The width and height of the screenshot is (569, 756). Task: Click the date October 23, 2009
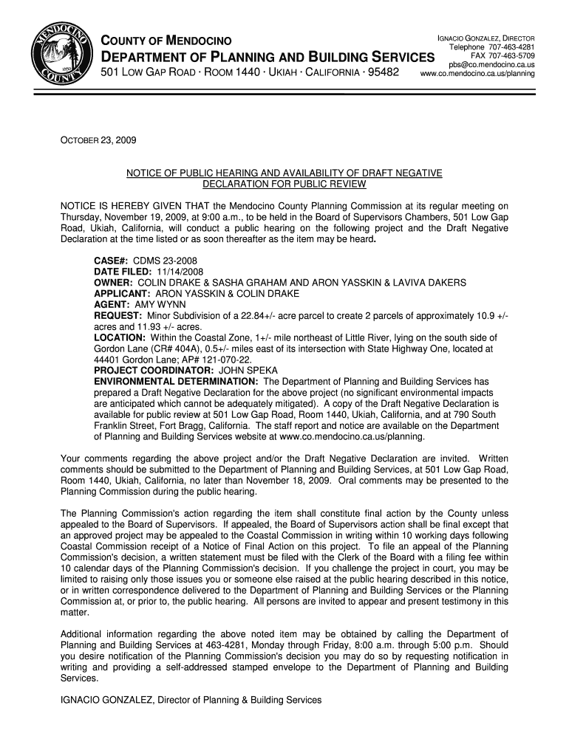93,140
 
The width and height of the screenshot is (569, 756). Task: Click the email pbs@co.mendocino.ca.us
491,65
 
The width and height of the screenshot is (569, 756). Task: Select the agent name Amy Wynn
160,304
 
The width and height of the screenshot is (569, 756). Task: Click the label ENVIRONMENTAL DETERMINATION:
176,381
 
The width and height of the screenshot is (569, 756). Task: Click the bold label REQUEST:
119,316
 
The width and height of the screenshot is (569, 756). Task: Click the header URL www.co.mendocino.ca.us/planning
477,74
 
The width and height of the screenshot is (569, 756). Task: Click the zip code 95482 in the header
378,73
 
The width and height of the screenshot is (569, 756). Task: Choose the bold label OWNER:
113,283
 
